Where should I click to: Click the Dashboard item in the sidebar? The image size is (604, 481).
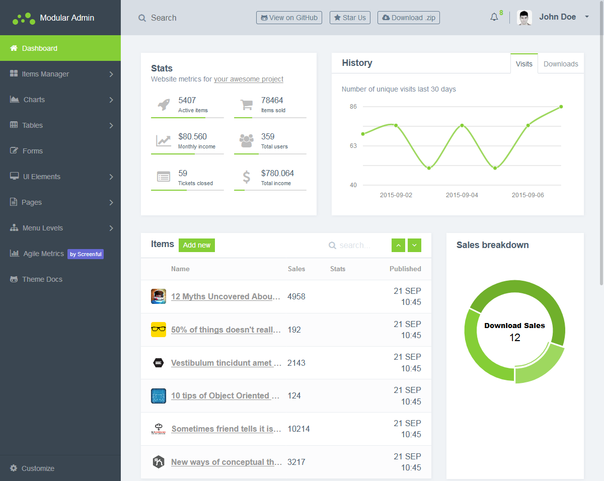[x=40, y=48]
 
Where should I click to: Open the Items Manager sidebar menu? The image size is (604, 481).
[x=45, y=74]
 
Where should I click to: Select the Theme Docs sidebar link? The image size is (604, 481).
[x=42, y=279]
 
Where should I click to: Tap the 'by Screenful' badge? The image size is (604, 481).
[x=86, y=254]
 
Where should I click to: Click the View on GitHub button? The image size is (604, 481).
[x=289, y=18]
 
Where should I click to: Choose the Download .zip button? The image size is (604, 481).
[x=408, y=18]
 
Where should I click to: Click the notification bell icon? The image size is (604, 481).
[x=494, y=18]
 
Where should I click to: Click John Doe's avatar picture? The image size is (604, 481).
[x=524, y=18]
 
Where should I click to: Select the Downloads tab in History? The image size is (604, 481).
[x=561, y=64]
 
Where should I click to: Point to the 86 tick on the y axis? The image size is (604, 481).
[x=353, y=107]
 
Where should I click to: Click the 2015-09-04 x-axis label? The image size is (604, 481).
[x=462, y=195]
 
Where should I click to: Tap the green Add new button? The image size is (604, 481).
[x=197, y=245]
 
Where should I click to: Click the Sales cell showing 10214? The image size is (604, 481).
[x=298, y=429]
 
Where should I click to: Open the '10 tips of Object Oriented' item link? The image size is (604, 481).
[x=225, y=395]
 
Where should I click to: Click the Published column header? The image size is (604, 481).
[x=405, y=269]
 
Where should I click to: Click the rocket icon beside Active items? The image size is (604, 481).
[x=164, y=104]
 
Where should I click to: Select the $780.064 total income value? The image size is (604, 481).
[x=277, y=173]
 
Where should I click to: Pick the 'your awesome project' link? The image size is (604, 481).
[x=249, y=79]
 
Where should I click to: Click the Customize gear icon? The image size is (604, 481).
[x=14, y=468]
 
